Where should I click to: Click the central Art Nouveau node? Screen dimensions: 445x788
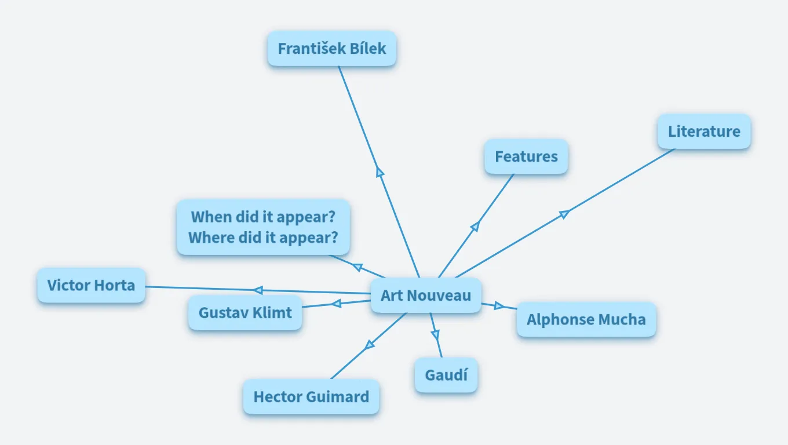tap(426, 296)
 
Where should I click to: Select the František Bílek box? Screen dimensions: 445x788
tap(331, 48)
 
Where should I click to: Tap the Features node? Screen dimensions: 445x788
tap(526, 156)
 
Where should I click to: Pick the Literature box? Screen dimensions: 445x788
tap(704, 132)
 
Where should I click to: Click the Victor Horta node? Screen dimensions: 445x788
tap(91, 285)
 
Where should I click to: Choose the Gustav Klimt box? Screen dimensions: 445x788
tap(245, 313)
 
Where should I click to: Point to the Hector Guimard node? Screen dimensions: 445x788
tap(311, 397)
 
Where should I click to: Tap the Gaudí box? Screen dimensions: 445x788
tap(446, 375)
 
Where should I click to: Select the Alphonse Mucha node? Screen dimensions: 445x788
tap(586, 319)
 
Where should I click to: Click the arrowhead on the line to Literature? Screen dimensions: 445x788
tap(564, 214)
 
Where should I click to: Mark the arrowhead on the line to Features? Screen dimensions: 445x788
tap(475, 227)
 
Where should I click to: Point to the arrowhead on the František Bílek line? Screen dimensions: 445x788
tap(380, 172)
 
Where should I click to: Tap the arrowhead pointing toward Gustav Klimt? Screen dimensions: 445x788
tap(336, 303)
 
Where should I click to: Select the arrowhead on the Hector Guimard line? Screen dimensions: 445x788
tap(369, 345)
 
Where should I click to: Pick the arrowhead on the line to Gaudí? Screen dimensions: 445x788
tap(435, 334)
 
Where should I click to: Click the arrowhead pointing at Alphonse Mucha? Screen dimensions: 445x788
tap(499, 305)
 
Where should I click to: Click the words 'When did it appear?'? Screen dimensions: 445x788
tap(263, 217)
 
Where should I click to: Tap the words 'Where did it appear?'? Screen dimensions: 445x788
tap(263, 238)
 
